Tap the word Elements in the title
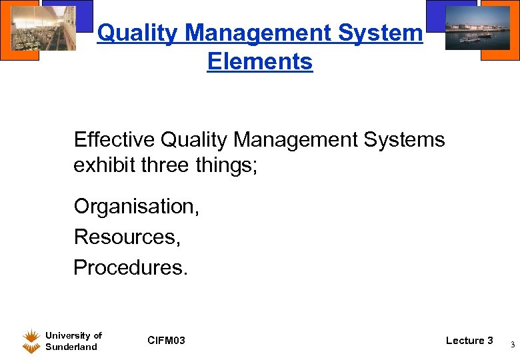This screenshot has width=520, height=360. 259,61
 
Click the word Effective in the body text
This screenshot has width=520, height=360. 115,140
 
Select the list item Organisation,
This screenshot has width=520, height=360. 136,207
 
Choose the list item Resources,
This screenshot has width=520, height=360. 127,236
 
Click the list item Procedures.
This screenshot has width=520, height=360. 131,267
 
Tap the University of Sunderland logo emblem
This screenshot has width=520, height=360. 31,341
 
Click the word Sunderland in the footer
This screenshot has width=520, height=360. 71,347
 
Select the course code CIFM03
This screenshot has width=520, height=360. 167,341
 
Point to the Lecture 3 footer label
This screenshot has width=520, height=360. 469,341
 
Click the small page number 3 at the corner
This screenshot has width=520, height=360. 512,345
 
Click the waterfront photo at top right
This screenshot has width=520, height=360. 471,26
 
